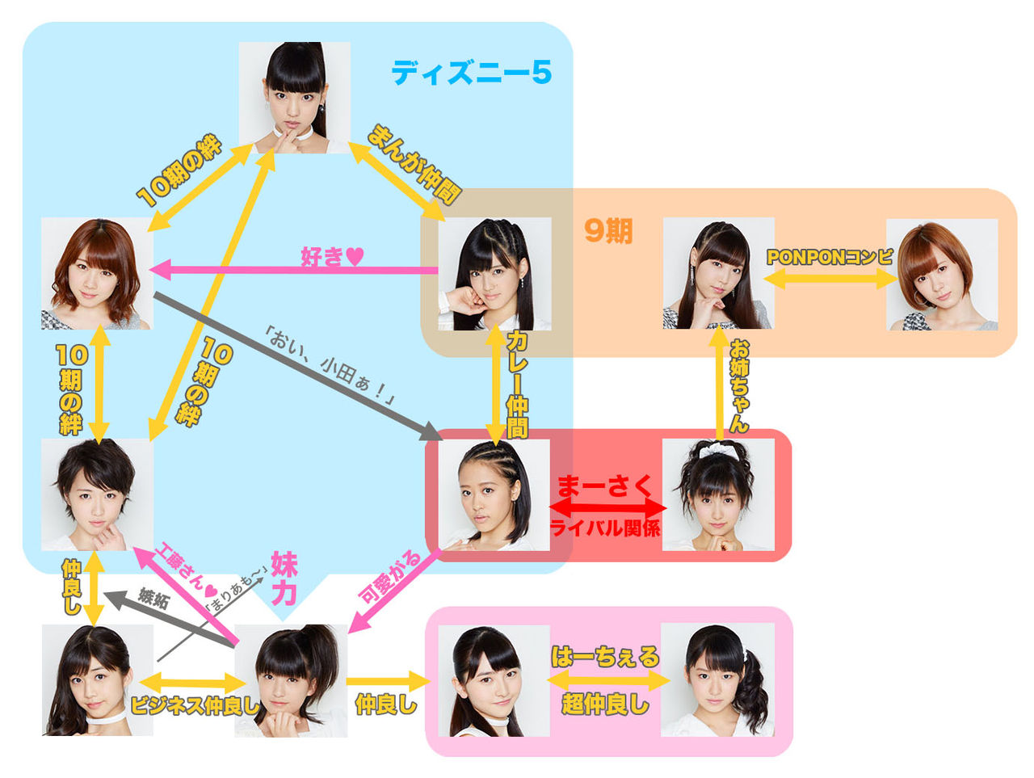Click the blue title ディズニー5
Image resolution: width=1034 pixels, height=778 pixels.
pyautogui.click(x=471, y=73)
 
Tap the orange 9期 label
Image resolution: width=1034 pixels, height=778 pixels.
pyautogui.click(x=607, y=232)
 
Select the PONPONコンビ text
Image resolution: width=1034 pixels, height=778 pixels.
pyautogui.click(x=830, y=257)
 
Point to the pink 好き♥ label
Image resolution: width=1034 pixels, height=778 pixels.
pyautogui.click(x=332, y=256)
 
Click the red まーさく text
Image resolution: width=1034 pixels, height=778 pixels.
pyautogui.click(x=605, y=486)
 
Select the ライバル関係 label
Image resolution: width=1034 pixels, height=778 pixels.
pyautogui.click(x=605, y=528)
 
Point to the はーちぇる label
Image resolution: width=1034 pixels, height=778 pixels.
pyautogui.click(x=605, y=657)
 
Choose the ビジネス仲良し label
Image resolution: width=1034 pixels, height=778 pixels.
pyautogui.click(x=193, y=705)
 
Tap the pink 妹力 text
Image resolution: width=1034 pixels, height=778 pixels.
pyautogui.click(x=284, y=578)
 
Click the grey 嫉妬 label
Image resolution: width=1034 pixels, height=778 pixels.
pyautogui.click(x=153, y=597)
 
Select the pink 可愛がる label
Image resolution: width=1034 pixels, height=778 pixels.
pyautogui.click(x=390, y=578)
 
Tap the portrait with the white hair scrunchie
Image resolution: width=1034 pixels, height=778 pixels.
pyautogui.click(x=717, y=494)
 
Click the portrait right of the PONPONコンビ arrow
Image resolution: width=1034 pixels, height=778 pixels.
pyautogui.click(x=942, y=275)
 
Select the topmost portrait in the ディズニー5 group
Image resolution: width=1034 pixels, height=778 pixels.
pyautogui.click(x=295, y=97)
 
